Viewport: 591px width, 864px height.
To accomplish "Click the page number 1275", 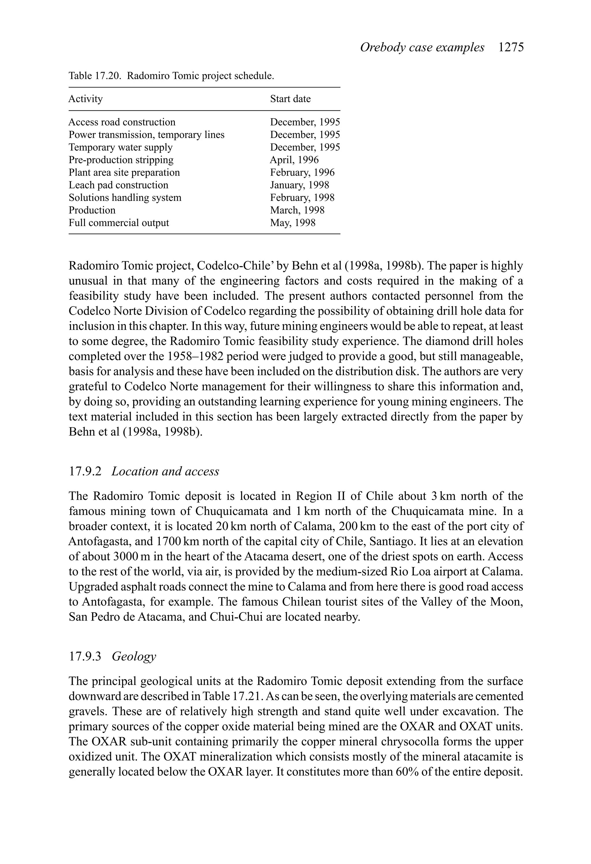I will point(511,48).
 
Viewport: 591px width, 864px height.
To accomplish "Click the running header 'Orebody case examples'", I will point(422,48).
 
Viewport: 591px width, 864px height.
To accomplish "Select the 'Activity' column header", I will point(85,99).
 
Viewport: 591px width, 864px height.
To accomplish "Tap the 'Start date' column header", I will point(290,99).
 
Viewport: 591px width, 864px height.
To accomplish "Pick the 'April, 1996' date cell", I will point(294,160).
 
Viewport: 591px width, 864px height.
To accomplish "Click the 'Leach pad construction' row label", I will point(118,185).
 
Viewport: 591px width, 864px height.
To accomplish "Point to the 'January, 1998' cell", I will point(299,185).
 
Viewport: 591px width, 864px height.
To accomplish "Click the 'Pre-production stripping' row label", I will point(121,160).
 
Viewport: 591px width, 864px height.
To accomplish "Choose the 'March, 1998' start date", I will point(297,210).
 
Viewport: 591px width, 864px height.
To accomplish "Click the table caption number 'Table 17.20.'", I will point(95,76).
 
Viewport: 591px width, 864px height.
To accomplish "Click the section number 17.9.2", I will point(85,471).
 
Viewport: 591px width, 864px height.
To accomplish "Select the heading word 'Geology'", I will point(134,656).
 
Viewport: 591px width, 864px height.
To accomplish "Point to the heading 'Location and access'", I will point(165,471).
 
